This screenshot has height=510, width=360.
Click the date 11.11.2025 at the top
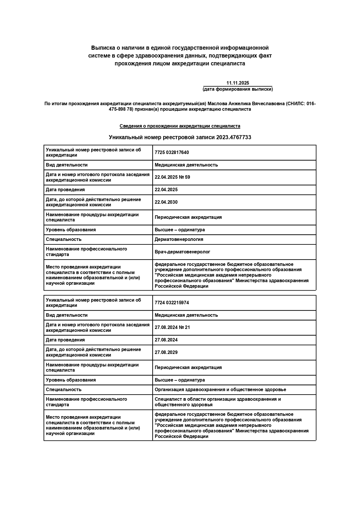click(x=237, y=83)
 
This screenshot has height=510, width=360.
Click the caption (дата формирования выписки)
click(x=237, y=89)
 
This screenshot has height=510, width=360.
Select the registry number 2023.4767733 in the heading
click(x=234, y=137)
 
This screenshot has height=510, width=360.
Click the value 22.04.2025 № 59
click(x=172, y=177)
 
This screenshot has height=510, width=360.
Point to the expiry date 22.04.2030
click(x=166, y=202)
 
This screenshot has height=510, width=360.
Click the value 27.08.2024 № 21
click(x=172, y=328)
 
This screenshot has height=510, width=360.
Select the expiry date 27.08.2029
click(x=166, y=352)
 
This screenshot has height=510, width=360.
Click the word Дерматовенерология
click(x=179, y=239)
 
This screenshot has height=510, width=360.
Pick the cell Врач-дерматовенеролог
click(x=182, y=252)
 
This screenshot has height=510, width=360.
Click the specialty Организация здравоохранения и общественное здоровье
click(x=220, y=390)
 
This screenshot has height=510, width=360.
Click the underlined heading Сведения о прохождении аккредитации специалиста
click(x=180, y=126)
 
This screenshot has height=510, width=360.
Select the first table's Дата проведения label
click(x=65, y=190)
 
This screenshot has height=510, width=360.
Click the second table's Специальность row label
click(x=64, y=390)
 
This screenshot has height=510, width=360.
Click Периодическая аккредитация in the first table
click(x=188, y=217)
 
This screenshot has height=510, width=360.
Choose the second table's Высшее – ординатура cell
click(x=180, y=380)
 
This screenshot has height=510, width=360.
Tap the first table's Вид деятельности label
click(x=66, y=165)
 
